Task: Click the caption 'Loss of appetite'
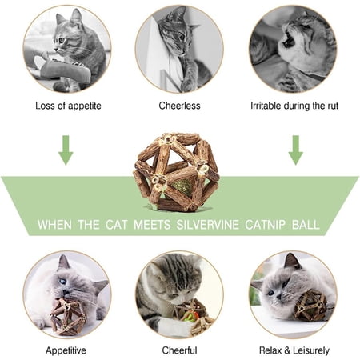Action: [68, 106]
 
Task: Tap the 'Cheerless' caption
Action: [179, 106]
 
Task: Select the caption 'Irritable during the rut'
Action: [294, 106]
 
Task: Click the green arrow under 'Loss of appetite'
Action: [66, 150]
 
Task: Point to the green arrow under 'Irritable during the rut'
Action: [295, 150]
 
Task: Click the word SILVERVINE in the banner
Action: [207, 225]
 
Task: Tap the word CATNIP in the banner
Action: [266, 225]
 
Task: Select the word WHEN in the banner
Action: [54, 225]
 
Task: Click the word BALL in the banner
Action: [306, 225]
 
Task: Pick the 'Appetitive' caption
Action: [66, 350]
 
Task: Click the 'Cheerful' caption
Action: [179, 350]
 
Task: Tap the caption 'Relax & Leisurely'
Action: [294, 350]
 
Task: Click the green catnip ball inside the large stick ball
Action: [182, 186]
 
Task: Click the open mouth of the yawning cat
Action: [289, 41]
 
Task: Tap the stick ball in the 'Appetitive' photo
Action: [69, 317]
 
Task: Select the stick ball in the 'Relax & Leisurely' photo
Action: [311, 306]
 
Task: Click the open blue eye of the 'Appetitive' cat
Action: [62, 282]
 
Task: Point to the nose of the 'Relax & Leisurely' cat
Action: [278, 297]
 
